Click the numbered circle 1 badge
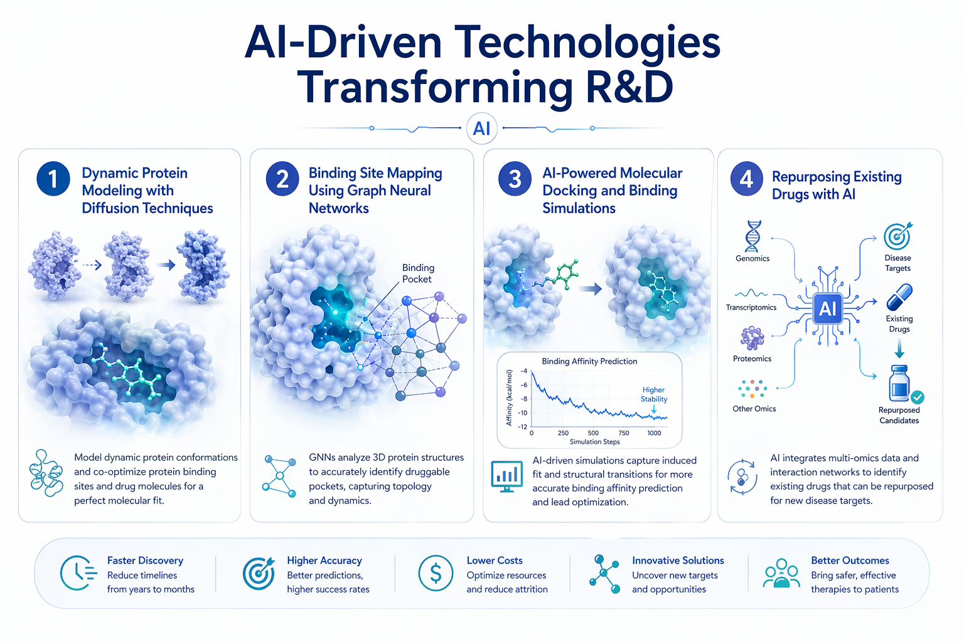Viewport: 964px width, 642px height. point(53,179)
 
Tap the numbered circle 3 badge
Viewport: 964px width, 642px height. point(515,179)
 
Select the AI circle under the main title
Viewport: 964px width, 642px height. point(481,129)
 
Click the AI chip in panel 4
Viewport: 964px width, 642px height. point(827,308)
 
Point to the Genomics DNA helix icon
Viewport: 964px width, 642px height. point(752,236)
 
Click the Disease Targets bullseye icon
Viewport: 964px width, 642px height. point(897,236)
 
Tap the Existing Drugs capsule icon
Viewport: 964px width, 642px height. point(899,297)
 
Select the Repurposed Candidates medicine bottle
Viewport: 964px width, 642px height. point(900,384)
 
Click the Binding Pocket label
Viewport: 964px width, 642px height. point(418,273)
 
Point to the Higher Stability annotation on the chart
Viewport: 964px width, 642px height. point(653,394)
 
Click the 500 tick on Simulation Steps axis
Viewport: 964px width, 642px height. point(593,433)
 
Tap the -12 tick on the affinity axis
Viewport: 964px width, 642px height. point(523,427)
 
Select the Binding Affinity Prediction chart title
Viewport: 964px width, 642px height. point(589,361)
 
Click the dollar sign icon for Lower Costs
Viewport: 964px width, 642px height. point(436,573)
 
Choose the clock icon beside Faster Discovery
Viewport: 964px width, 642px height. point(78,573)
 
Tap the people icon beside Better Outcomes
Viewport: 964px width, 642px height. point(781,573)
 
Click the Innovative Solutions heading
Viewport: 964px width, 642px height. point(678,560)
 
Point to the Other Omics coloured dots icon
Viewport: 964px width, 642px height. point(752,389)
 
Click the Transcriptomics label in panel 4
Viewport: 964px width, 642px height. point(751,307)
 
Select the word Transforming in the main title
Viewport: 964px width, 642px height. point(434,88)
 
